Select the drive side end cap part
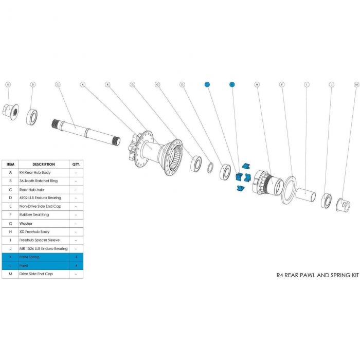coord(341,205)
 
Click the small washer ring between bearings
coord(211,168)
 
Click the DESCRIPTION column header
coord(44,164)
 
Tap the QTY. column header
coord(76,164)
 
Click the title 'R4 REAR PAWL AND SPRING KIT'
coord(317,275)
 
